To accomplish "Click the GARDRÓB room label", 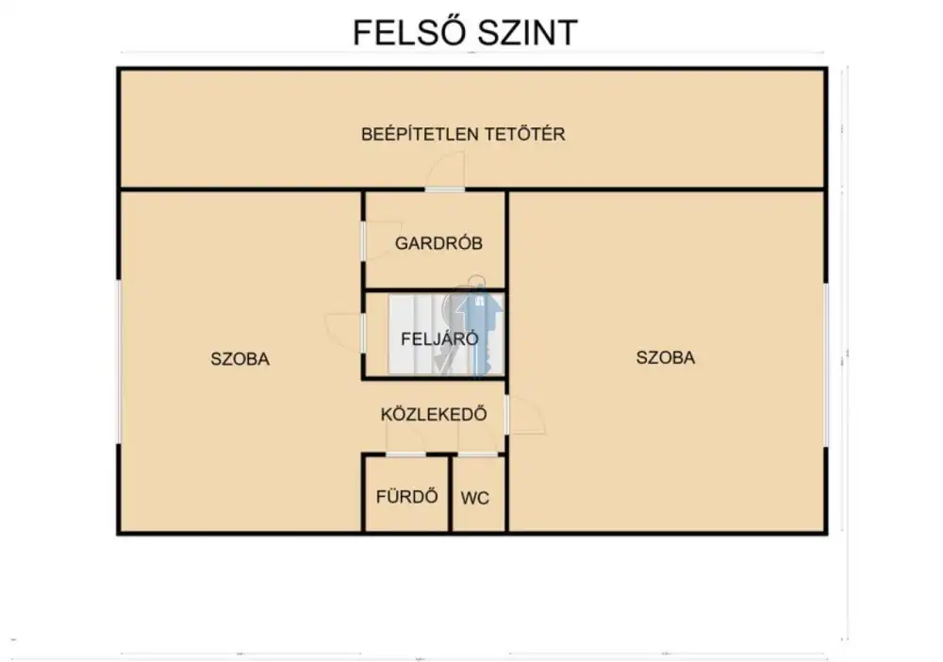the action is (x=438, y=243).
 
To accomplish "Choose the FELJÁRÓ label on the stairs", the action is (x=439, y=339).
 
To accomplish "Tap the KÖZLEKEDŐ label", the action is (x=434, y=414).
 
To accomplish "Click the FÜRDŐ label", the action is (x=406, y=496).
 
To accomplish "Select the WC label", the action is (x=474, y=498).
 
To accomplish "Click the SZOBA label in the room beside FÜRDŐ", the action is (x=240, y=359).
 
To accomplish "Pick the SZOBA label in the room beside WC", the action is (x=665, y=357).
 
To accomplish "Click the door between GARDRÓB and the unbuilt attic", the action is (x=445, y=172).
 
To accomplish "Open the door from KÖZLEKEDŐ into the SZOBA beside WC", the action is (x=525, y=414).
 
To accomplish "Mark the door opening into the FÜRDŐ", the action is (x=405, y=438).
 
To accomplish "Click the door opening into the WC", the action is (x=478, y=438).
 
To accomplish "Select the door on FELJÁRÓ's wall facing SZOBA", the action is (x=344, y=333).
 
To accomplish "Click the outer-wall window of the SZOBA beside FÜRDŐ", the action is (x=119, y=362).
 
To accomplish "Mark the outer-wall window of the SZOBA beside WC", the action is (x=826, y=365).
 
